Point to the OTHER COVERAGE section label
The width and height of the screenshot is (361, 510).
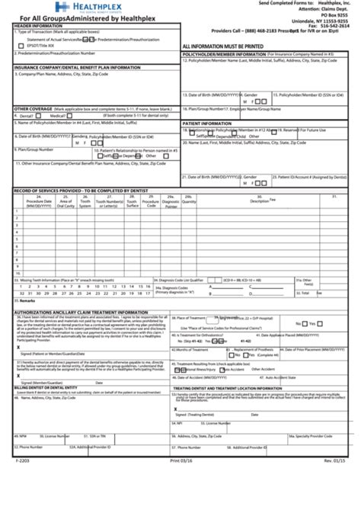pos(34,109)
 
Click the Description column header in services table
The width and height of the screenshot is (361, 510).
pos(260,201)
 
